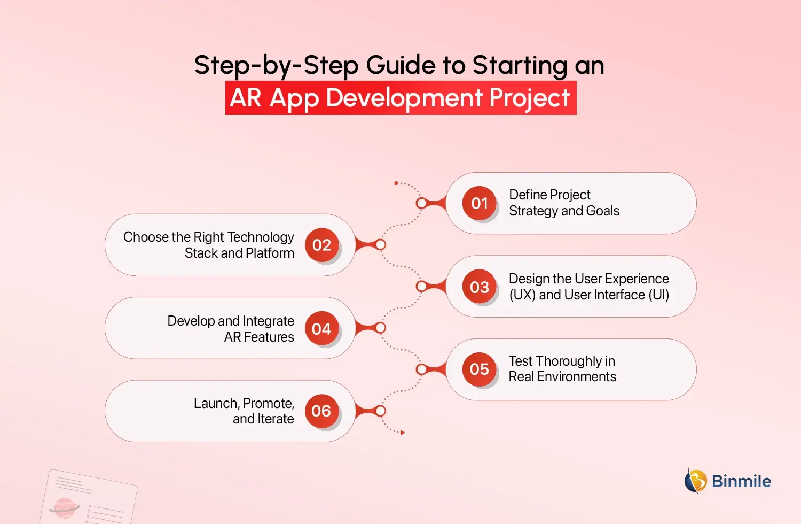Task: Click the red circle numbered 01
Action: (480, 203)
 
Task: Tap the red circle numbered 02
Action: (321, 245)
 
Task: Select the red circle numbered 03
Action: (480, 287)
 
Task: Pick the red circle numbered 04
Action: (321, 328)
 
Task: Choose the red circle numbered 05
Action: (480, 369)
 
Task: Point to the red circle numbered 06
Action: (321, 411)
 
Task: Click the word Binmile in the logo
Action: (741, 481)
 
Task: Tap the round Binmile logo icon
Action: (696, 481)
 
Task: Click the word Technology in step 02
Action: (260, 237)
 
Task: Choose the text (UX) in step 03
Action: (522, 295)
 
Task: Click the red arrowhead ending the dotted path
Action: (402, 433)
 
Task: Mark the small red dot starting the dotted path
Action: (396, 183)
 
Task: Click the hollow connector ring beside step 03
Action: (421, 287)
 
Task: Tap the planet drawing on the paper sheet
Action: (65, 507)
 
